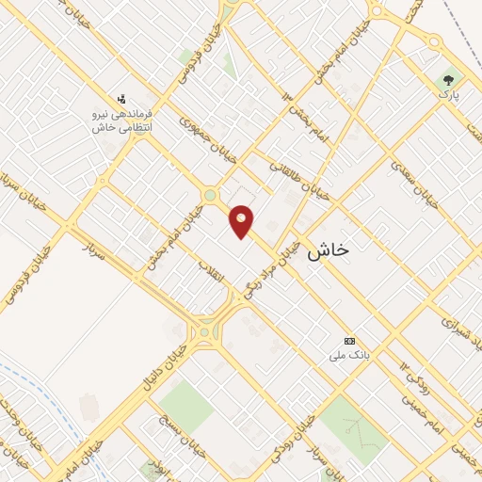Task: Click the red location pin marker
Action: tap(242, 221)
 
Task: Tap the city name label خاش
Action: tap(329, 249)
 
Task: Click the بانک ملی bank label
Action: tap(346, 356)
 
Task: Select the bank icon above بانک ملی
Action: tap(350, 341)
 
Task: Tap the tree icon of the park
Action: tap(448, 81)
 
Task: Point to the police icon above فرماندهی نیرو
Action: tap(121, 98)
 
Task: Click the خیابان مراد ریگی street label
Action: tap(276, 268)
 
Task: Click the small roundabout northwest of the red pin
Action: tap(210, 196)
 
